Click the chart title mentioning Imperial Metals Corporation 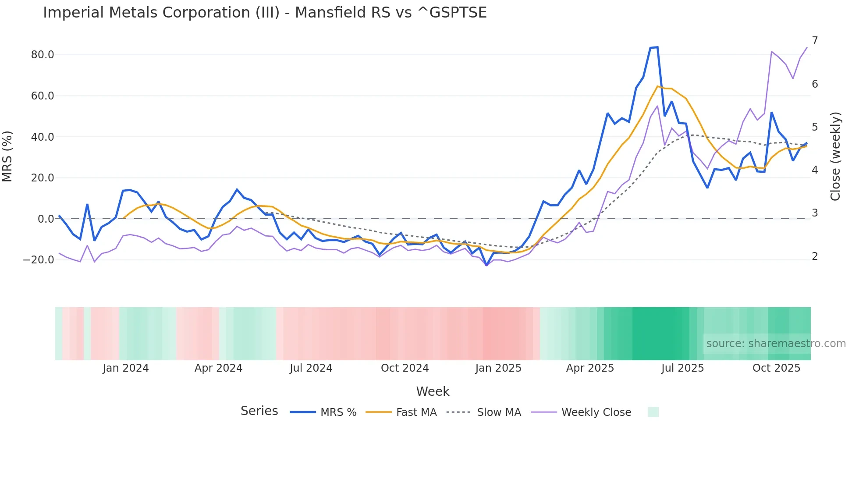[x=265, y=13]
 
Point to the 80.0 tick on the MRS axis [x=43, y=55]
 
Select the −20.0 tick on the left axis [x=39, y=260]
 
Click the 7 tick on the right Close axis [x=815, y=41]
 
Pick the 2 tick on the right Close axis [x=815, y=256]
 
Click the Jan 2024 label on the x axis [x=126, y=368]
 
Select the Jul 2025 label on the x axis [x=682, y=368]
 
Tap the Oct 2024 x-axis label [x=405, y=368]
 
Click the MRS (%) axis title [x=7, y=156]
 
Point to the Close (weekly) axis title [x=835, y=156]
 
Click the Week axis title [x=433, y=391]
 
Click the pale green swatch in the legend [x=653, y=412]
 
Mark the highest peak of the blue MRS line [x=657, y=47]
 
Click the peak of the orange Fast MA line [x=657, y=86]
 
